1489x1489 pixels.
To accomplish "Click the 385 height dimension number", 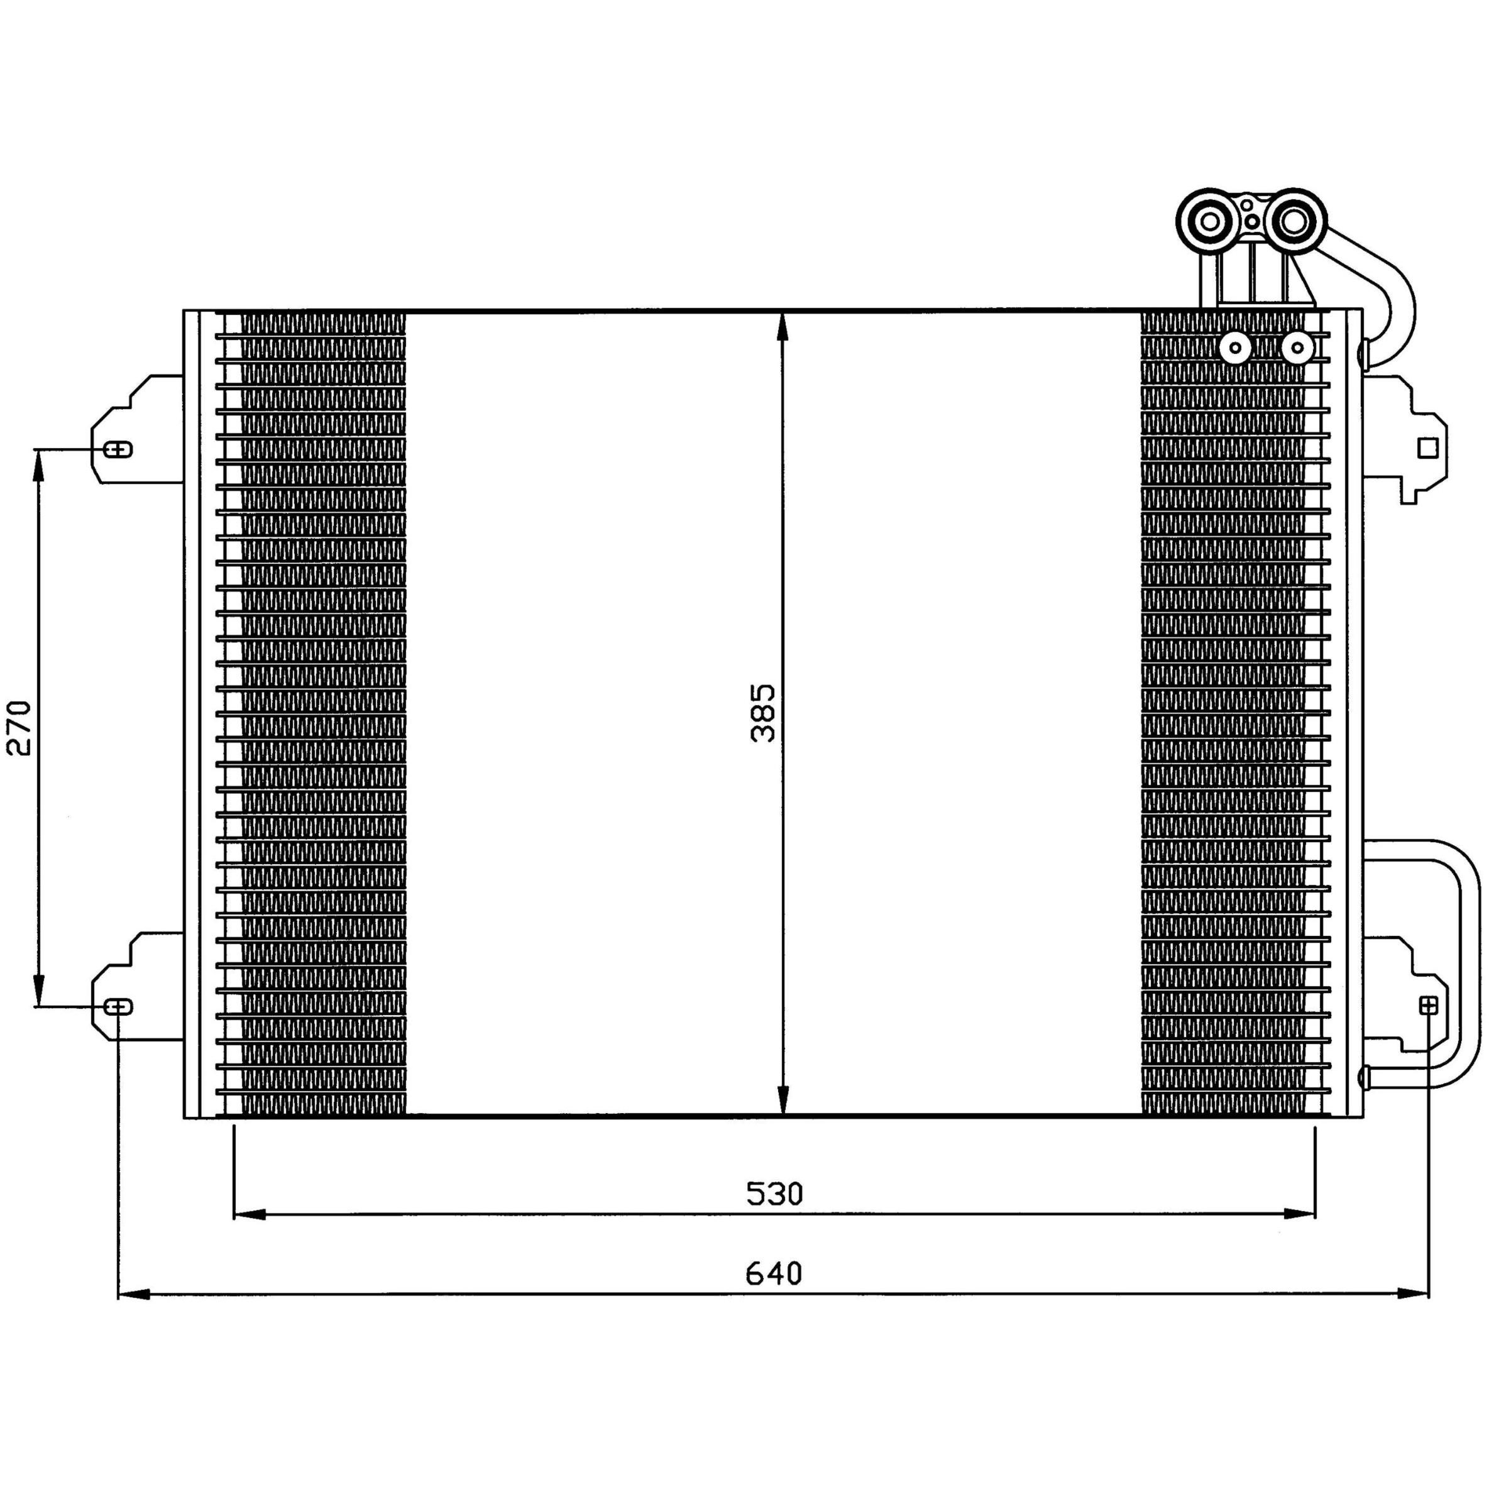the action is pos(763,713).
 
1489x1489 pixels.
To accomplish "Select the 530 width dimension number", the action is pos(774,1194).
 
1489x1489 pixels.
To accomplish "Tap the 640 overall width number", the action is pos(774,1274).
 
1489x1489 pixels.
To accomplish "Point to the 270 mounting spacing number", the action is pos(19,728).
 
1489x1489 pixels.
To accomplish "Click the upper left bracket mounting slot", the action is pos(119,449).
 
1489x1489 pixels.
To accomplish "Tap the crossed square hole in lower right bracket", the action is pos(1428,1005).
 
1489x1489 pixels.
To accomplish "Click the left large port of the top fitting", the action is pos(1210,221).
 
